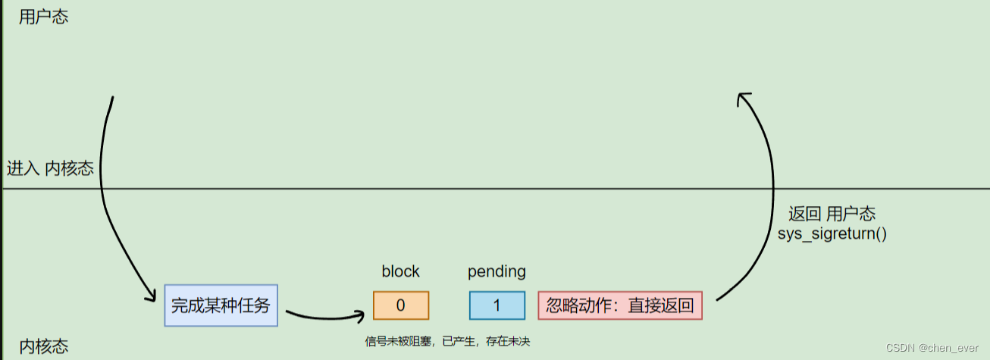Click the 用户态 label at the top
pyautogui.click(x=43, y=17)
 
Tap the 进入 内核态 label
pyautogui.click(x=50, y=168)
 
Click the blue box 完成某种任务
pyautogui.click(x=221, y=305)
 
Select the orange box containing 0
pyautogui.click(x=401, y=305)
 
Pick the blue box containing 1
pyautogui.click(x=497, y=305)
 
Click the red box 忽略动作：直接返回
pyautogui.click(x=620, y=305)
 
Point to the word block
pyautogui.click(x=400, y=271)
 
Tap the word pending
pyautogui.click(x=497, y=271)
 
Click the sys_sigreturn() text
pyautogui.click(x=832, y=233)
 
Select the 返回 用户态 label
pyautogui.click(x=832, y=214)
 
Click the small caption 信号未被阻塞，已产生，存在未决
pyautogui.click(x=447, y=342)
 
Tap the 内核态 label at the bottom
pyautogui.click(x=43, y=347)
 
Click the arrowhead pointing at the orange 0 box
pyautogui.click(x=362, y=313)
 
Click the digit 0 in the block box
pyautogui.click(x=401, y=305)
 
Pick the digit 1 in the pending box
pyautogui.click(x=497, y=305)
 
